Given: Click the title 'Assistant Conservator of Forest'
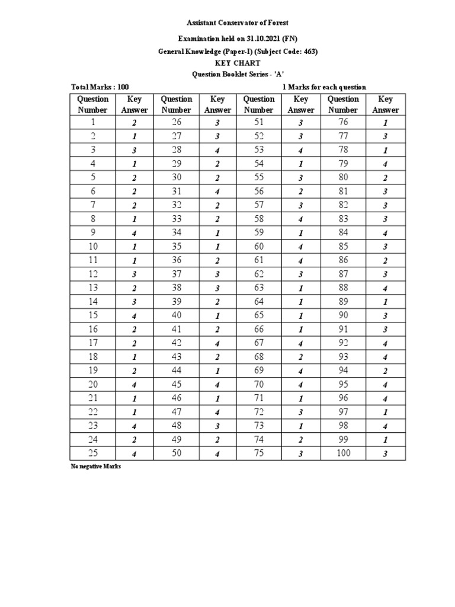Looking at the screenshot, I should (238, 23).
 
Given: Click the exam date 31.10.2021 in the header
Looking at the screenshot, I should (261, 37).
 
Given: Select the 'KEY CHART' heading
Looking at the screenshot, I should (238, 63).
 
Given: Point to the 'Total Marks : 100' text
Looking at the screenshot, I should (100, 87).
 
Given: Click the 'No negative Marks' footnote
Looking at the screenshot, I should (95, 467).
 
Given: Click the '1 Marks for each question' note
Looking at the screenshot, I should (325, 87).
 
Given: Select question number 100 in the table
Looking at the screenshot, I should (343, 453).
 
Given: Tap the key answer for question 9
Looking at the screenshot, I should (134, 233).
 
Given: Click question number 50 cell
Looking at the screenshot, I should (177, 453).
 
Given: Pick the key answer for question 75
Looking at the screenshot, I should (301, 454).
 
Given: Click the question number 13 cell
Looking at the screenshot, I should (92, 287).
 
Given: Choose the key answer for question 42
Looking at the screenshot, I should (217, 343).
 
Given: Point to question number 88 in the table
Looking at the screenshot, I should (343, 287).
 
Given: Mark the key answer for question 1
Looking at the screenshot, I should (134, 123).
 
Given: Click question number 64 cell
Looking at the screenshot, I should (259, 301).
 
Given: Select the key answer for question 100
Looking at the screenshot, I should (385, 454).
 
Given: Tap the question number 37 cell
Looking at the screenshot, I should (177, 274).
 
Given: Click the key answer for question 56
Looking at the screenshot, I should (301, 191).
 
